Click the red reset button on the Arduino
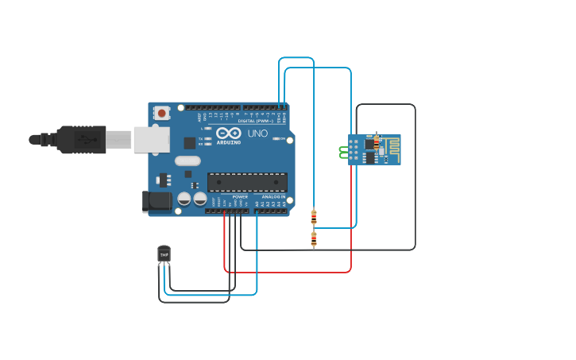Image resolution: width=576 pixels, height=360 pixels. pyautogui.click(x=162, y=113)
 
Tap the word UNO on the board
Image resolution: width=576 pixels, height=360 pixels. pyautogui.click(x=257, y=134)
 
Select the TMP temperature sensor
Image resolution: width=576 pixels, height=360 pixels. pyautogui.click(x=164, y=254)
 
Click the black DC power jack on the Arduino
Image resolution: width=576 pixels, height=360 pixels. pyautogui.click(x=157, y=201)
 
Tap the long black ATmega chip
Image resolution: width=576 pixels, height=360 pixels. pyautogui.click(x=247, y=182)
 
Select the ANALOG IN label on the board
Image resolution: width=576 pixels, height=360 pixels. pyautogui.click(x=273, y=196)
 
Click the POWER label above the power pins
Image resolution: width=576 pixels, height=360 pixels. pyautogui.click(x=240, y=196)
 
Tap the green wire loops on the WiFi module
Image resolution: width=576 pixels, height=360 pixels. pyautogui.click(x=344, y=151)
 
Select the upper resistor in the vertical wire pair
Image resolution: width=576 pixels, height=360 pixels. pyautogui.click(x=314, y=215)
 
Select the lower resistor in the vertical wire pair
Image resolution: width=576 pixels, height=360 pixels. pyautogui.click(x=314, y=238)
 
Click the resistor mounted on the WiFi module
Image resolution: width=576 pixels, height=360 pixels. pyautogui.click(x=377, y=142)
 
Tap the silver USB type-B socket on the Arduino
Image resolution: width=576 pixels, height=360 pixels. pyautogui.click(x=151, y=139)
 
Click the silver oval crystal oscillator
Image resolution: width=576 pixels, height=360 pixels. pyautogui.click(x=187, y=161)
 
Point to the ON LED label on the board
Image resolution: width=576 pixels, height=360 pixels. pyautogui.click(x=281, y=138)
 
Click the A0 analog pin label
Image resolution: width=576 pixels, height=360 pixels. pyautogui.click(x=257, y=204)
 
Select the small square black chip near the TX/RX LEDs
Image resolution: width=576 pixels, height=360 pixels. pyautogui.click(x=189, y=143)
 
